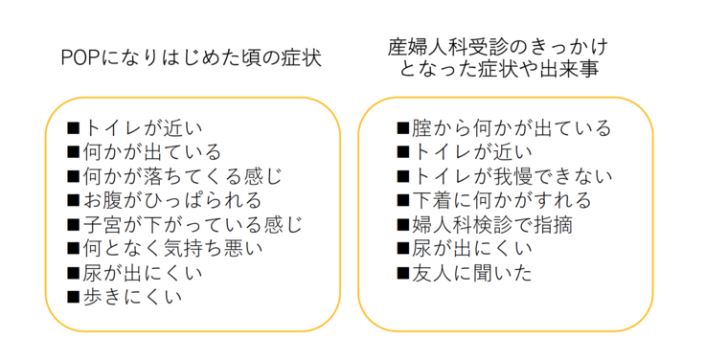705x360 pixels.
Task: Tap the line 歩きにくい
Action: click(x=134, y=296)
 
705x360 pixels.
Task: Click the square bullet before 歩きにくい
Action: click(x=74, y=297)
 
